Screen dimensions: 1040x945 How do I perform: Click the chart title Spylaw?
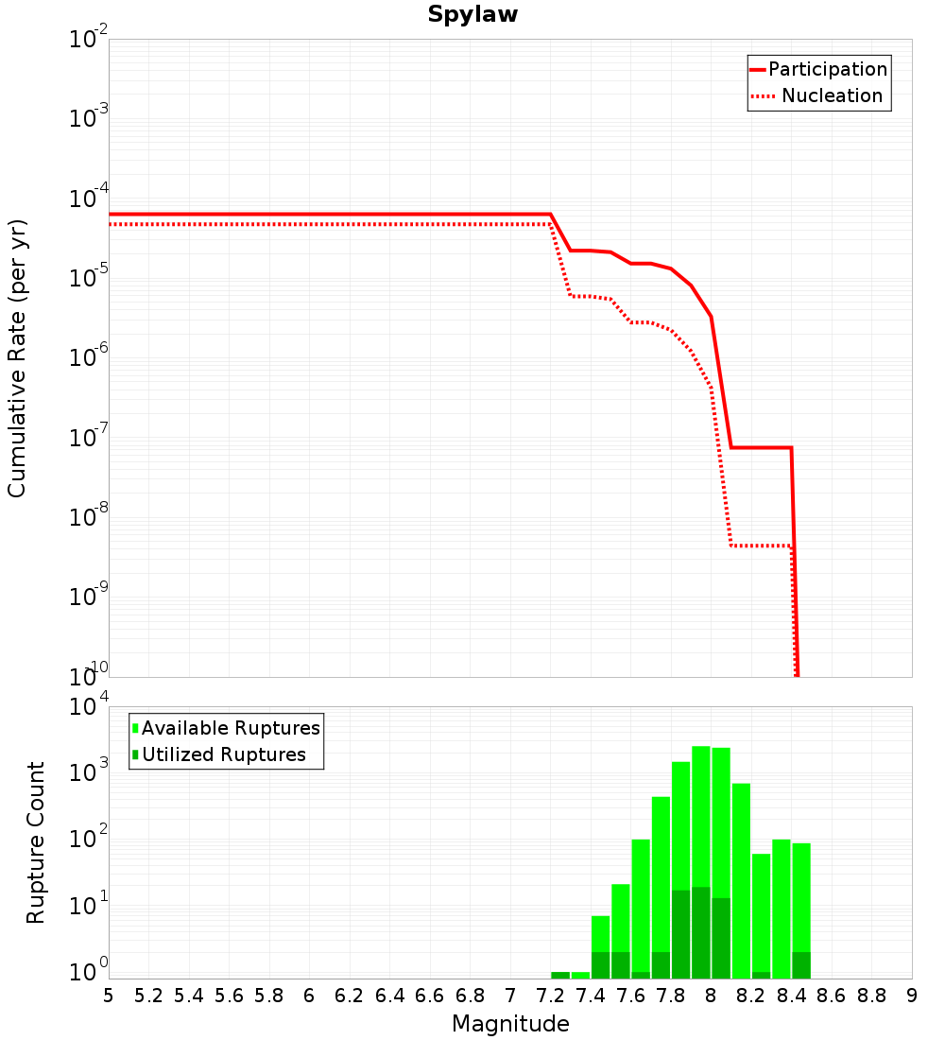point(472,15)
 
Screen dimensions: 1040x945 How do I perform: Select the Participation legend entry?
point(827,69)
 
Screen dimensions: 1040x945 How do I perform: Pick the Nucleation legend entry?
point(832,95)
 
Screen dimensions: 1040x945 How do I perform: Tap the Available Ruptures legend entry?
point(231,728)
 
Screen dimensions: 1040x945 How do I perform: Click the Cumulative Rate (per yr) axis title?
point(17,358)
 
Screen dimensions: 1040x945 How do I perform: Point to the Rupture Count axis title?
point(36,842)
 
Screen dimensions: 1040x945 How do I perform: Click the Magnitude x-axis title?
point(510,1024)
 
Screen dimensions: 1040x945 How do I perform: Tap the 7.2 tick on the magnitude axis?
point(550,996)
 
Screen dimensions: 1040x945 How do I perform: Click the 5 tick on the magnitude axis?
point(109,996)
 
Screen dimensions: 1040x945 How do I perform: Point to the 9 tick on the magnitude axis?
point(912,996)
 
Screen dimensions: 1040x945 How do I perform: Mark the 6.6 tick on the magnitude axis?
point(430,996)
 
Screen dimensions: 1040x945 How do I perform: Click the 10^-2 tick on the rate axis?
point(88,40)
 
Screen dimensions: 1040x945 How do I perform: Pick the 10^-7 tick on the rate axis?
point(88,439)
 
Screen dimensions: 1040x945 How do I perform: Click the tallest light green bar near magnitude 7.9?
point(701,813)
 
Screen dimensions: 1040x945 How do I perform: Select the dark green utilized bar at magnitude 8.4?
point(801,965)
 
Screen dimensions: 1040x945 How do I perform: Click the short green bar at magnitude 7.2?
point(560,975)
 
